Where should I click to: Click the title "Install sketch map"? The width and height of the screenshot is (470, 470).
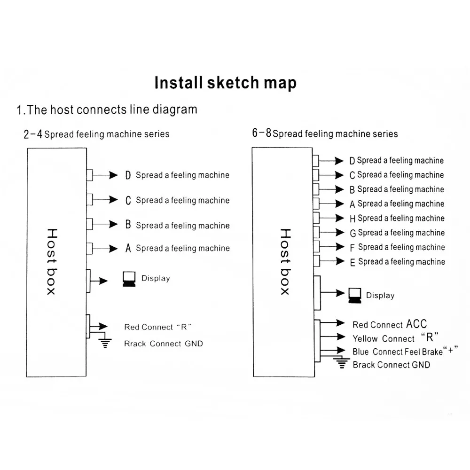tap(226, 83)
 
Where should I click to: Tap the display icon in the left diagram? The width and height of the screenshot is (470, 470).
tap(128, 279)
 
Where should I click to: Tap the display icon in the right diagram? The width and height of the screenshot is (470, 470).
tap(355, 295)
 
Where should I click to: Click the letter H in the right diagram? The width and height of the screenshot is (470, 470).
tap(353, 219)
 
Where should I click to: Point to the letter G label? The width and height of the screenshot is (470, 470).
tap(353, 233)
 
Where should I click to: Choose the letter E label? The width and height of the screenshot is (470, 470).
tap(352, 262)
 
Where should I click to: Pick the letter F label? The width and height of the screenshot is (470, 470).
tap(353, 248)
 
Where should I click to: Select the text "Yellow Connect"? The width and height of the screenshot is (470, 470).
tap(384, 338)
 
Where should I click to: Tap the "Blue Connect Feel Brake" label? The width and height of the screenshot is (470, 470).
tap(398, 352)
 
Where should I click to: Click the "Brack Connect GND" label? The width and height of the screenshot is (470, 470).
tap(391, 365)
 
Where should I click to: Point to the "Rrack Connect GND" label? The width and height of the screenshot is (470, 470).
tap(164, 344)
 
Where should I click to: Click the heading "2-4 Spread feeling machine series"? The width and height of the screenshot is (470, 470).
tap(96, 134)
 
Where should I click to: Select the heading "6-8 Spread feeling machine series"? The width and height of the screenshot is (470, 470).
tap(325, 133)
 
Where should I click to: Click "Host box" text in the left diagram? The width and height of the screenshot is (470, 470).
tap(51, 261)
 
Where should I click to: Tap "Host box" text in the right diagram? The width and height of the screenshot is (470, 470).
tap(285, 261)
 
